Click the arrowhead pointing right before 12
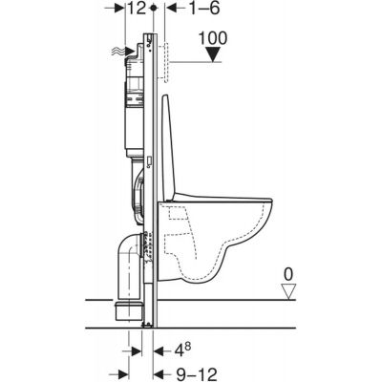tap(123, 9)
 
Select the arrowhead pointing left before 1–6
tap(169, 9)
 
